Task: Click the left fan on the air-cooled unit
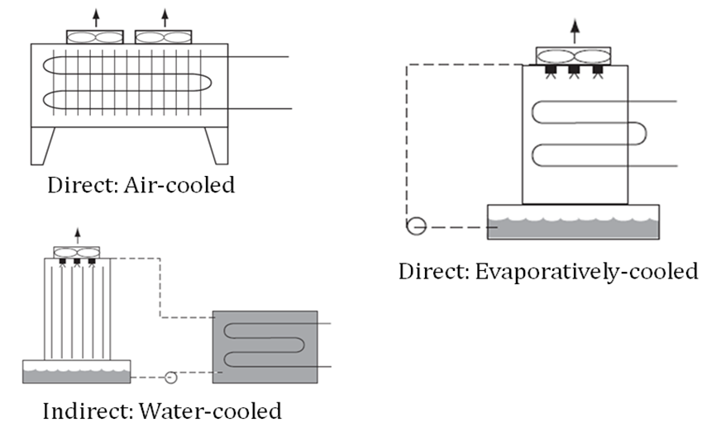coord(94,37)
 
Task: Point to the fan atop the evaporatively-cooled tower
coord(574,56)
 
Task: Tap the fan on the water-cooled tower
coord(76,251)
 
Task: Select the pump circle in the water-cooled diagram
coord(170,377)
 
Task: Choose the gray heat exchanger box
coord(265,347)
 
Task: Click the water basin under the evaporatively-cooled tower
coord(573,222)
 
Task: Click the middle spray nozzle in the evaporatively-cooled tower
coord(574,71)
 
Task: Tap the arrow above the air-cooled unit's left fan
coord(96,17)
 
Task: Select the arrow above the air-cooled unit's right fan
coord(165,17)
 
